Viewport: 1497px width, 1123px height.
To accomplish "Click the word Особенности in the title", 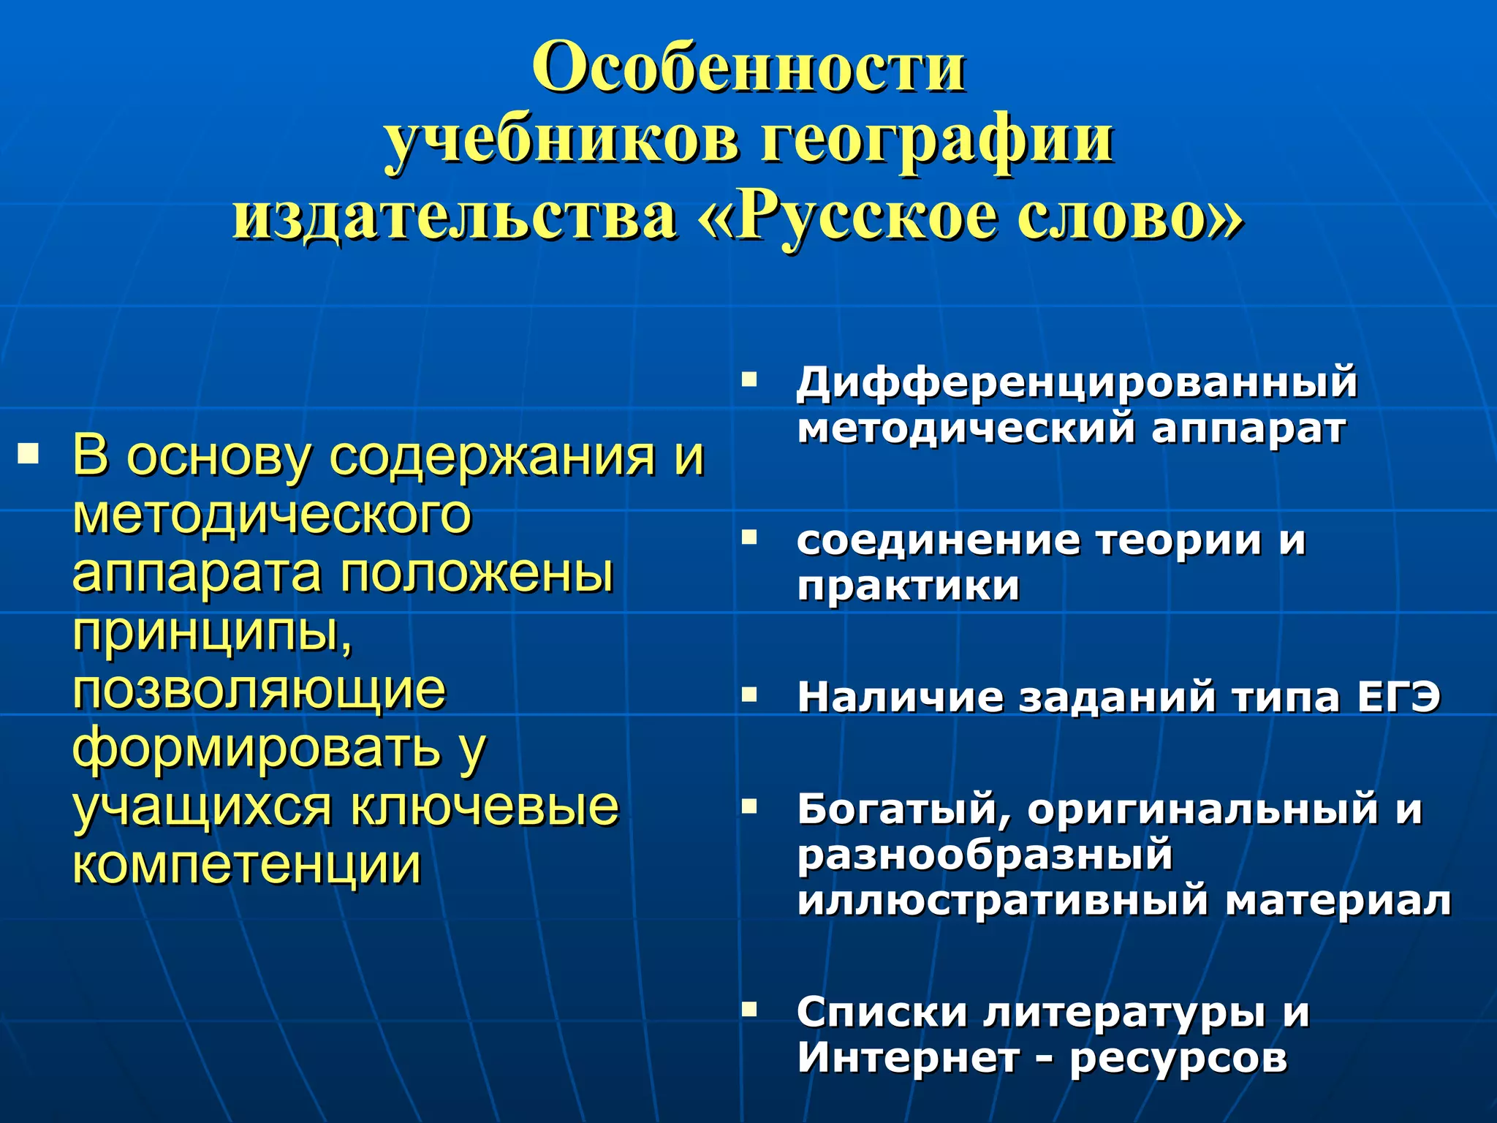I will [748, 67].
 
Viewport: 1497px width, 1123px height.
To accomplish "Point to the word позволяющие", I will [259, 690].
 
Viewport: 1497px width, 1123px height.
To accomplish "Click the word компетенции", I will [247, 866].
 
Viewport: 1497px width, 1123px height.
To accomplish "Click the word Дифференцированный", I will [1077, 383].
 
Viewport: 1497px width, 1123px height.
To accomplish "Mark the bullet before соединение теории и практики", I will [749, 537].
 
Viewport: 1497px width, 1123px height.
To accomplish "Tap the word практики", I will [909, 586].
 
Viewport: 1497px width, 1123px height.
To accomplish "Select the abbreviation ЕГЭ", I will [1398, 697].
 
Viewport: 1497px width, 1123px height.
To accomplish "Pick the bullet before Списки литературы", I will [749, 1010].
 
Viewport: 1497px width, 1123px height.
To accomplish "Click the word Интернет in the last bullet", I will [908, 1058].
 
